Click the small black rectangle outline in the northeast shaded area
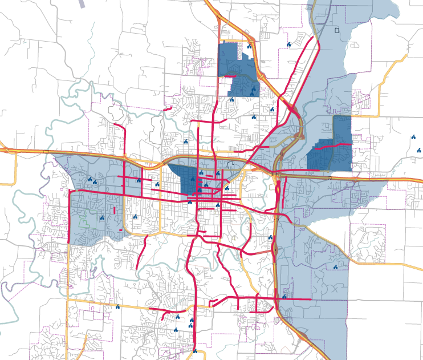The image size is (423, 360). click(337, 30)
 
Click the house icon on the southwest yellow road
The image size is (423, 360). click(117, 307)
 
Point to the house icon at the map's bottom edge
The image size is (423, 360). click(195, 351)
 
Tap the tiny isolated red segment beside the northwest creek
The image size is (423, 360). click(167, 108)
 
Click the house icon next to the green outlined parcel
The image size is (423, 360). click(102, 217)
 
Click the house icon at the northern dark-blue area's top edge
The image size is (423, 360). click(249, 46)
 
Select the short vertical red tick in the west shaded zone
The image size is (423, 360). click(115, 210)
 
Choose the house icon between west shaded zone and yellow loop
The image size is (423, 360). click(135, 217)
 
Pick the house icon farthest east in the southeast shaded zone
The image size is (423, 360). click(336, 266)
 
